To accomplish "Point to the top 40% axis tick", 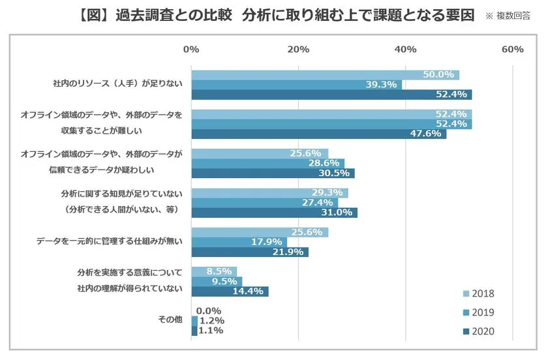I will [x=406, y=50].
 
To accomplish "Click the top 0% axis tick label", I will [x=191, y=50].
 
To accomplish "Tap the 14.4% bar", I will [x=230, y=292].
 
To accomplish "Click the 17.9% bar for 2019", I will [x=239, y=242].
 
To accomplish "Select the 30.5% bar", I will [x=273, y=173].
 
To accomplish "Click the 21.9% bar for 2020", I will [x=250, y=252].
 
